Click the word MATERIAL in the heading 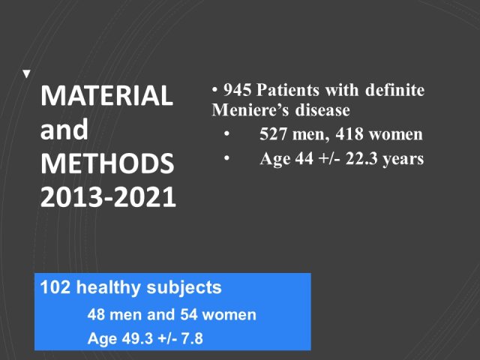click(x=106, y=95)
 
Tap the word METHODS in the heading click(x=107, y=163)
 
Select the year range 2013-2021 click(x=108, y=196)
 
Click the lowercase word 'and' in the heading click(x=64, y=129)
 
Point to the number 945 click(x=237, y=90)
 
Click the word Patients click(x=288, y=90)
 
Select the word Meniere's click(x=250, y=110)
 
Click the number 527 click(x=273, y=134)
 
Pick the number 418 click(x=349, y=134)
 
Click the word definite click(x=395, y=90)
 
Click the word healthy click(x=108, y=288)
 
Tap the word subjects click(x=184, y=288)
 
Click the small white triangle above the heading click(x=27, y=73)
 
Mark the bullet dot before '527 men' click(x=226, y=133)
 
